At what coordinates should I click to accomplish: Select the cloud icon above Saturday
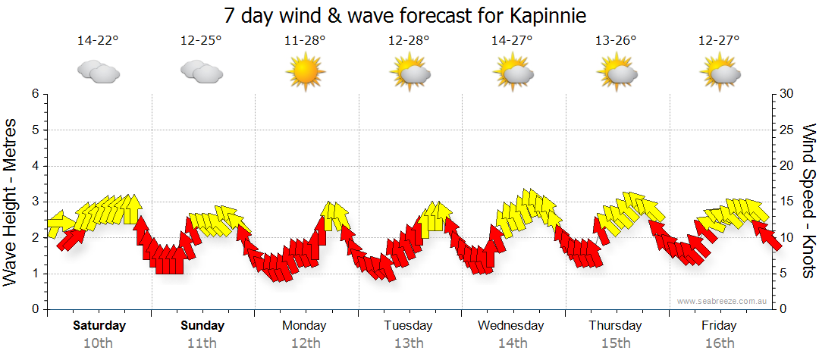click(x=99, y=72)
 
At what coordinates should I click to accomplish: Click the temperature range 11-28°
click(x=305, y=40)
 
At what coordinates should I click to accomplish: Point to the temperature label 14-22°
click(x=98, y=40)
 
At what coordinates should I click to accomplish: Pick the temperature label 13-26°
click(x=616, y=40)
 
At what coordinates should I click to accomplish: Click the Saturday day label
click(x=99, y=326)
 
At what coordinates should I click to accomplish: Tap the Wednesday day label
click(x=511, y=326)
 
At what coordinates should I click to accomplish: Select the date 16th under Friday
click(x=719, y=343)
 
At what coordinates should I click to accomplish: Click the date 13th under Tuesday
click(x=408, y=343)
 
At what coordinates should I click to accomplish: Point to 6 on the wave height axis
click(x=34, y=94)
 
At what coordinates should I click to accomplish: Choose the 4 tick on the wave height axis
click(x=34, y=166)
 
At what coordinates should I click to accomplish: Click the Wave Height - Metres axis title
click(x=12, y=201)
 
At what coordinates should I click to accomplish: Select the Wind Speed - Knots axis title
click(x=808, y=201)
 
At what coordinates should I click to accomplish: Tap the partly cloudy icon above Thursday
click(x=617, y=72)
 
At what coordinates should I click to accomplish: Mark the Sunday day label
click(x=202, y=326)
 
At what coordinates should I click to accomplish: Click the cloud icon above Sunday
click(x=202, y=72)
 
